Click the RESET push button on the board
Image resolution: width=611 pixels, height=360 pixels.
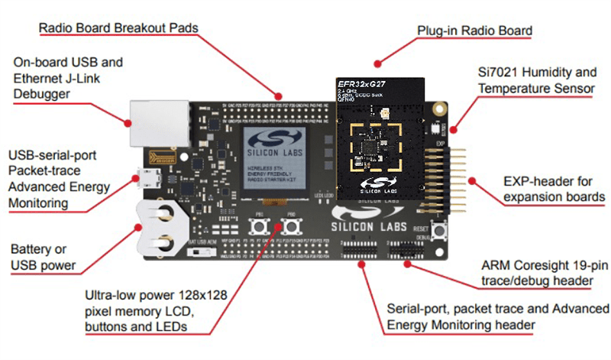440,232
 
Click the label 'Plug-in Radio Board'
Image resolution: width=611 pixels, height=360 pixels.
474,31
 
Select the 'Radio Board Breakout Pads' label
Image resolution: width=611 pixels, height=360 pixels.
118,28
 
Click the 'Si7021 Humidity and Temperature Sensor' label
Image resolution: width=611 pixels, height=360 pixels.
536,81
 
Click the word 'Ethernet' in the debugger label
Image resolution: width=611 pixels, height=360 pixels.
37,77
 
